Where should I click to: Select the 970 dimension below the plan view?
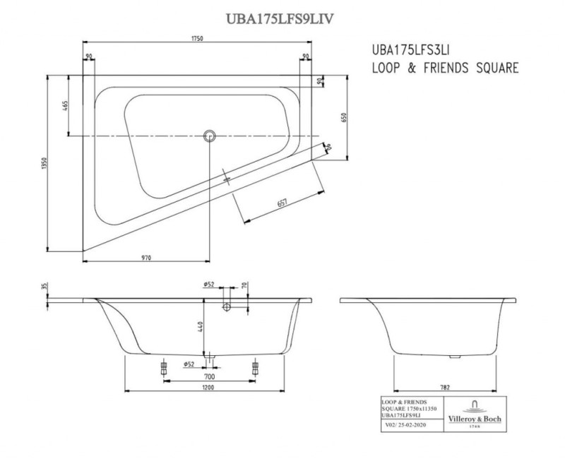click(146, 258)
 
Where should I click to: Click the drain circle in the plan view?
click(209, 135)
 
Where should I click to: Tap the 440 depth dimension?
click(200, 326)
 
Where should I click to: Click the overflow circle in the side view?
click(227, 307)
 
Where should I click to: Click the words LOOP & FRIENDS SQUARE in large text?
click(445, 68)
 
